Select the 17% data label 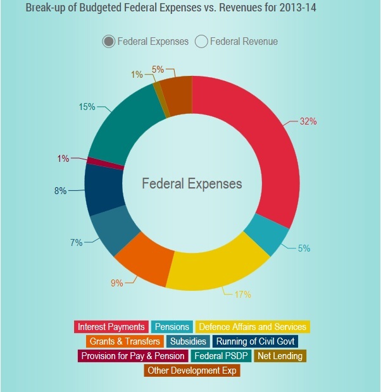pos(242,294)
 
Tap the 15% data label pos(87,107)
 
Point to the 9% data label pos(117,283)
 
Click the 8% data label pos(60,190)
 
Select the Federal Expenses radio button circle pos(109,42)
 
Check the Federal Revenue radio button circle pos(201,42)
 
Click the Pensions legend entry pos(172,327)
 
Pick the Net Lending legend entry pos(280,356)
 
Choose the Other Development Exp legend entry pos(192,371)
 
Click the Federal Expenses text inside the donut pos(192,184)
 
